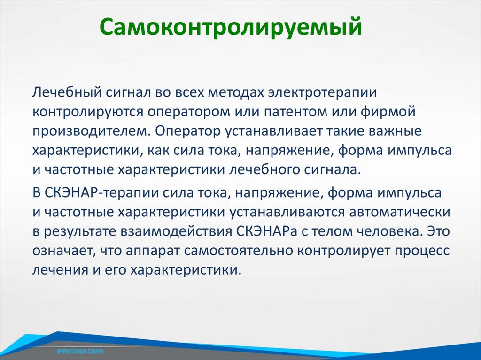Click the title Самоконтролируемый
pos(231,29)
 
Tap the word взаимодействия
pos(174,231)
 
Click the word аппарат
pos(153,251)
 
